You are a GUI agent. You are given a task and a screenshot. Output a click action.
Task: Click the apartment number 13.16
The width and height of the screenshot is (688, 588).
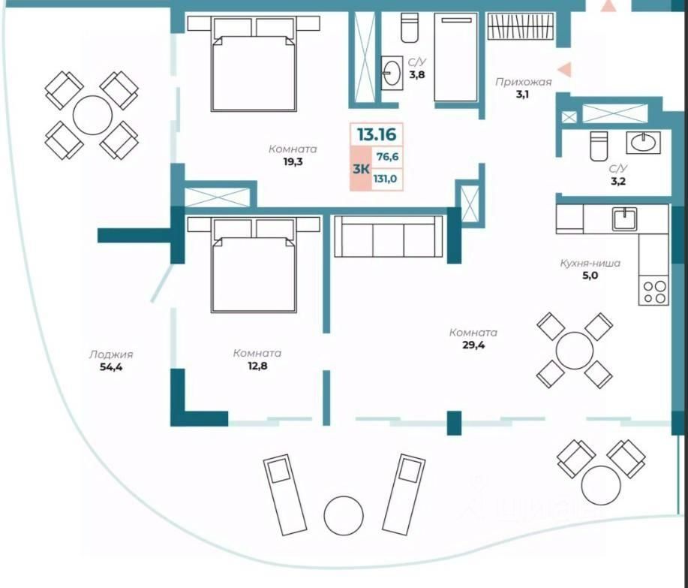(x=377, y=136)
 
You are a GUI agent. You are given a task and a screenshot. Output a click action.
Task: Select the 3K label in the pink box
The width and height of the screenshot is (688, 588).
(x=361, y=169)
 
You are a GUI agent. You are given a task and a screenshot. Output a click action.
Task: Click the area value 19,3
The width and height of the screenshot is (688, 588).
(x=293, y=161)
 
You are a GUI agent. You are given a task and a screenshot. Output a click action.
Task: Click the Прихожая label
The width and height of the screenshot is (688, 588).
(x=523, y=83)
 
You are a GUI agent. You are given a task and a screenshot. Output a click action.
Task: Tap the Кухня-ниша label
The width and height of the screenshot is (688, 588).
(x=589, y=264)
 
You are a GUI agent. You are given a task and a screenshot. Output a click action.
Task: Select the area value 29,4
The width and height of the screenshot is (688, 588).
(x=473, y=345)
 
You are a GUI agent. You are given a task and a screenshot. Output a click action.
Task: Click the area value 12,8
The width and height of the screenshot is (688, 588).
(x=257, y=366)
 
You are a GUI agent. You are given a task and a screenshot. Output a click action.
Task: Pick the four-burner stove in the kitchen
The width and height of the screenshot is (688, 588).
(x=653, y=291)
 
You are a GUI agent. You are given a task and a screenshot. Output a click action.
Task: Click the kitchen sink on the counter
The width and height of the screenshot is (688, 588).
(x=623, y=219)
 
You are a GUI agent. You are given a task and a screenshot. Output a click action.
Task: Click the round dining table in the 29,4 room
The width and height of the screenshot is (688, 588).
(x=574, y=350)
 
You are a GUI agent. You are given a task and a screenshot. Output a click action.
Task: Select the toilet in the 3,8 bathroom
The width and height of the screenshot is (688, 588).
(x=410, y=28)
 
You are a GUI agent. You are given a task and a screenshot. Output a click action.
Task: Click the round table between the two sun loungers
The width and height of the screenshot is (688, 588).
(x=343, y=515)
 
